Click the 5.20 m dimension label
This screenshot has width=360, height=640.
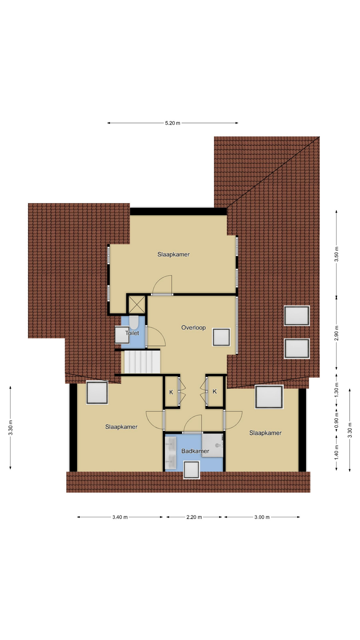coord(172,123)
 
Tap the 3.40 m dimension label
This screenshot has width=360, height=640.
coord(120,517)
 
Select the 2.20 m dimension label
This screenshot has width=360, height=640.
coord(194,517)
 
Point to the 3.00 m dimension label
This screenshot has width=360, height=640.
coord(262,517)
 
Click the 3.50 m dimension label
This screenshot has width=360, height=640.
coord(336,254)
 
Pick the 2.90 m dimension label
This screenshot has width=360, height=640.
coord(336,333)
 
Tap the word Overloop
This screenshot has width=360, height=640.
coord(193,328)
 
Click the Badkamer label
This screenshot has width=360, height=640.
coord(195,451)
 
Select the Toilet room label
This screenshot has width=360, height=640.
coord(132,333)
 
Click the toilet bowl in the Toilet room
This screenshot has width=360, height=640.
coord(134,322)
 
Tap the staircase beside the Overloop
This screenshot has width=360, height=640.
coord(142,361)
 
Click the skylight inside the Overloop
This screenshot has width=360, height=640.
coord(221,337)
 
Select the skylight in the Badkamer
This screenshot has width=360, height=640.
coord(192,470)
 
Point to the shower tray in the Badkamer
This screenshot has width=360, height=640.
coord(212,445)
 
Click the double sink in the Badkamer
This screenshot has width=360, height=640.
coord(171,453)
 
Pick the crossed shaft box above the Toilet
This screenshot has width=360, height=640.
coord(137,304)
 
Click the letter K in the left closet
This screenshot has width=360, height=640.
coord(171,392)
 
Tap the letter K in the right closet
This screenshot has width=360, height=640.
coord(215,391)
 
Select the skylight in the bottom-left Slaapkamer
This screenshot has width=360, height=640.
coord(97,393)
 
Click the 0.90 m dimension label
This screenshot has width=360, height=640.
coord(336,421)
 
